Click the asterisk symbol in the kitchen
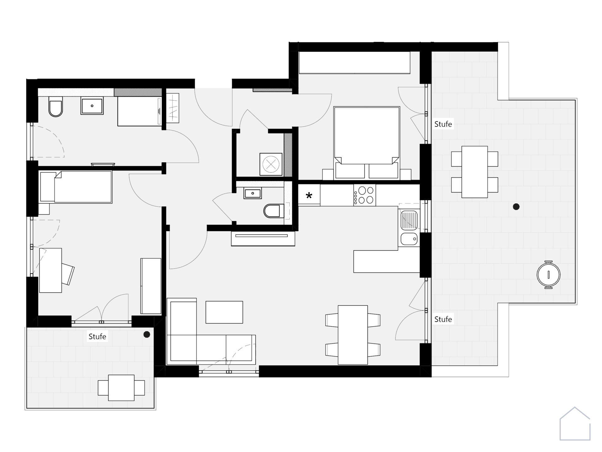(309, 196)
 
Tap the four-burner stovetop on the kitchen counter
(365, 195)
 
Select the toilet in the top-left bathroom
(56, 107)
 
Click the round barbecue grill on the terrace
(548, 274)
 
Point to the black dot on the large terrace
(516, 206)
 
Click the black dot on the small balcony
(147, 335)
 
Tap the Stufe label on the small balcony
(97, 336)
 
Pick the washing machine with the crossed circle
(271, 164)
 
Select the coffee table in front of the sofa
(224, 312)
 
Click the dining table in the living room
(353, 335)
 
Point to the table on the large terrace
(474, 172)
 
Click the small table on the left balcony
(121, 388)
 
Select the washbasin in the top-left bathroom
(92, 106)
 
